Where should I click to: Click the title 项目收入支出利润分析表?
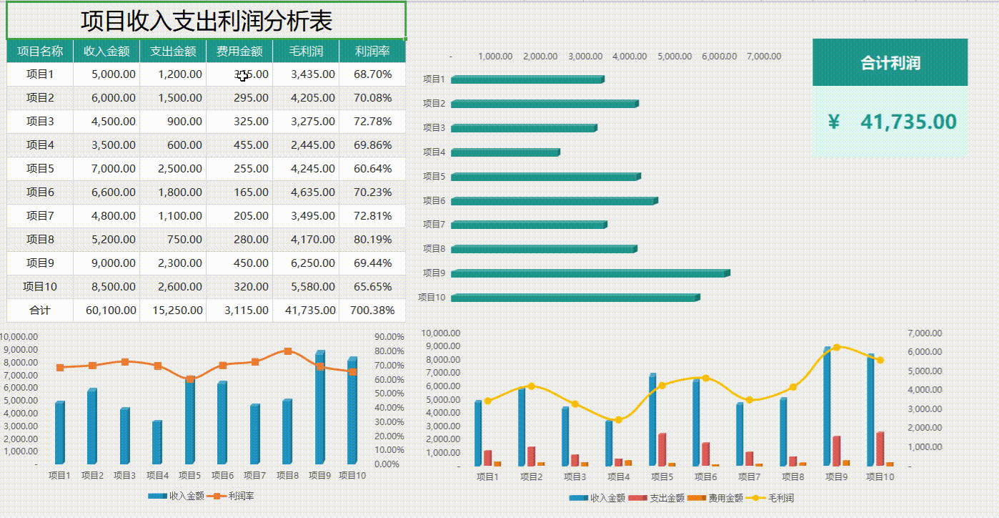pos(206,21)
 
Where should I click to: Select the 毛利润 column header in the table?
pos(306,52)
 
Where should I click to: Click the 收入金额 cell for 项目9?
pos(106,263)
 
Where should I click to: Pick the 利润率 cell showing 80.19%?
pos(372,240)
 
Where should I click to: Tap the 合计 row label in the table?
pos(40,311)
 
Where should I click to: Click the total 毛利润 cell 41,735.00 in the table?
pos(306,311)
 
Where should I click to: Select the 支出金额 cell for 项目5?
pos(173,169)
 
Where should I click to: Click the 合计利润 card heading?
pos(890,63)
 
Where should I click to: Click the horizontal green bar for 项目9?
pos(590,273)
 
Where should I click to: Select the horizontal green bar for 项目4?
pos(505,152)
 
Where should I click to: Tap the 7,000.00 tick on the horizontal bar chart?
pos(763,57)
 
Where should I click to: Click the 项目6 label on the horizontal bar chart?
pos(434,201)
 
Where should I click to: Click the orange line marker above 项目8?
pos(288,351)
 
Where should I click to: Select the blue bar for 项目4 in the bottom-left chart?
pos(156,443)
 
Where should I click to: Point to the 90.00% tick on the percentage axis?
pos(389,337)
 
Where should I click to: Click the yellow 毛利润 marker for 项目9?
pos(836,348)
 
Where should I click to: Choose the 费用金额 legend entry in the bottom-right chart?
pos(721,498)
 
